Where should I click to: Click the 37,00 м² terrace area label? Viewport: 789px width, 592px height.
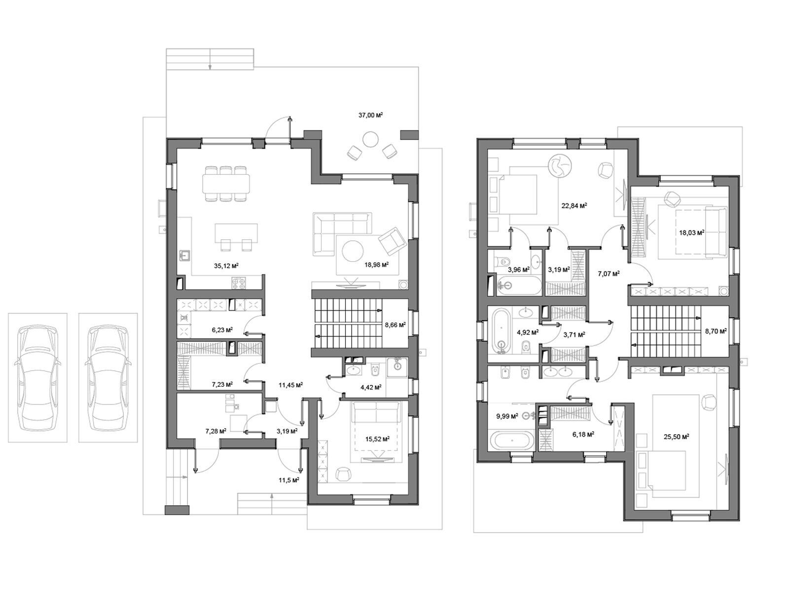pyautogui.click(x=370, y=115)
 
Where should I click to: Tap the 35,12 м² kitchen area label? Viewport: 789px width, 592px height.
pyautogui.click(x=226, y=266)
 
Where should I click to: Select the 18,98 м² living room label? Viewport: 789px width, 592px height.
pyautogui.click(x=376, y=265)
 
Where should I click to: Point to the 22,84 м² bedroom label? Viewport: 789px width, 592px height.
pyautogui.click(x=574, y=206)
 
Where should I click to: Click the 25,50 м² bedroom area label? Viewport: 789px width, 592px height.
pyautogui.click(x=676, y=437)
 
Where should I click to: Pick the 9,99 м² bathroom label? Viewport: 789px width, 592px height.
pyautogui.click(x=507, y=416)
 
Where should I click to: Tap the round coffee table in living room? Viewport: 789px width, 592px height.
pyautogui.click(x=353, y=251)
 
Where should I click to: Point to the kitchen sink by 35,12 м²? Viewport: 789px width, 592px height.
pyautogui.click(x=185, y=256)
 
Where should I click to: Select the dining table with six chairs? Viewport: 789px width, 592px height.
pyautogui.click(x=226, y=184)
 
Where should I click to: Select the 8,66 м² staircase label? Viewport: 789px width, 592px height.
pyautogui.click(x=395, y=325)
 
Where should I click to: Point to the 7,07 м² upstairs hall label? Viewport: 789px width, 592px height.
pyautogui.click(x=609, y=274)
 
